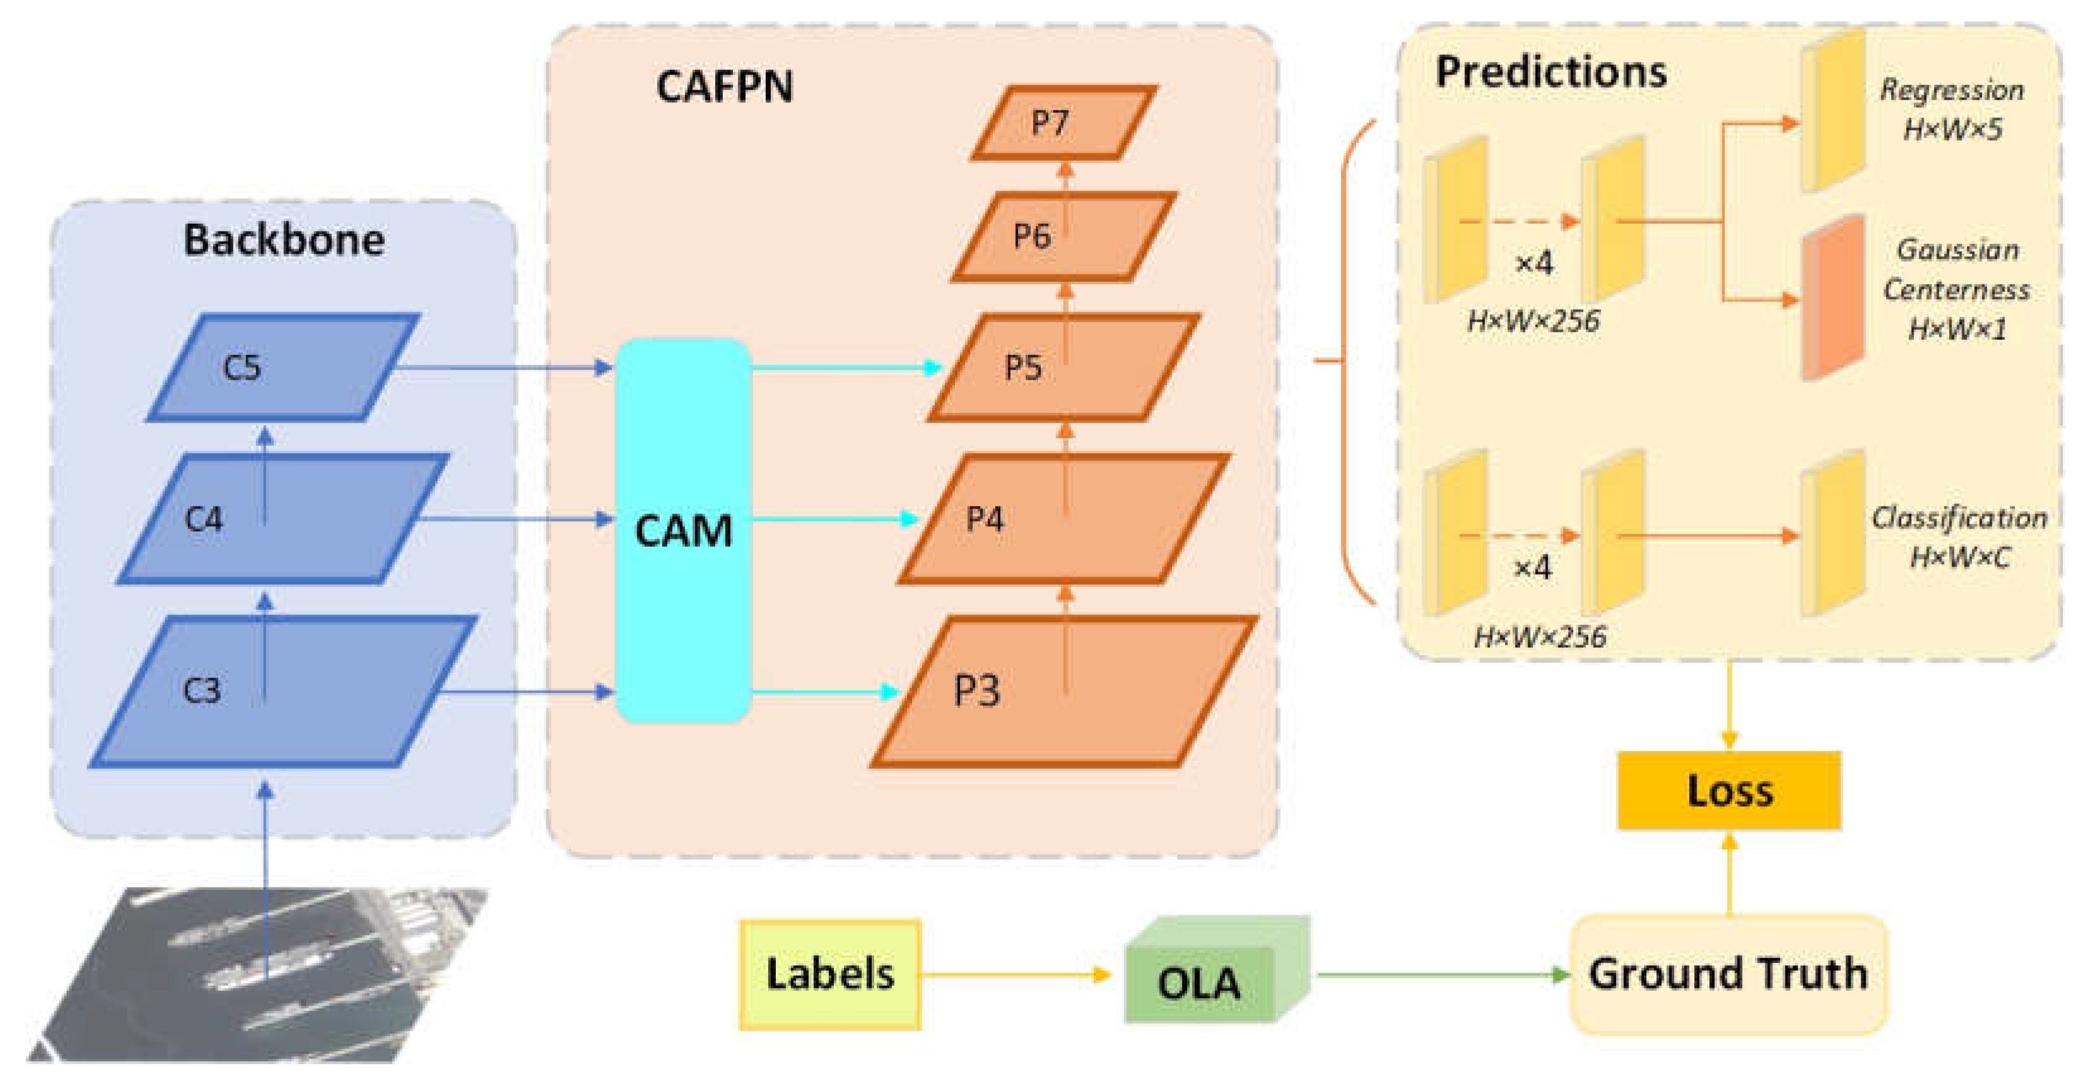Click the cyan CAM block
pyautogui.click(x=684, y=530)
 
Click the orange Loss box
pyautogui.click(x=1729, y=790)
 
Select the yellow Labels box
pyautogui.click(x=830, y=975)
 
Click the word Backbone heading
pyautogui.click(x=283, y=240)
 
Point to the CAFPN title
pyautogui.click(x=724, y=86)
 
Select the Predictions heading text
pyautogui.click(x=1550, y=72)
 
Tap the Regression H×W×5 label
pyautogui.click(x=1952, y=109)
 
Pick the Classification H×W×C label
pyautogui.click(x=1958, y=537)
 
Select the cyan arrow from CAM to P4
pyautogui.click(x=833, y=519)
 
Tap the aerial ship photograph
pyautogui.click(x=259, y=975)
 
